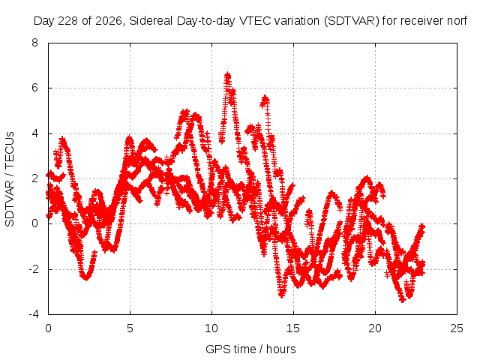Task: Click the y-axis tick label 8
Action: click(x=35, y=43)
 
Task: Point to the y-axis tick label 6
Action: click(x=35, y=88)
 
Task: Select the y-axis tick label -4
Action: click(x=34, y=314)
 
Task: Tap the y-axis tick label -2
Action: click(x=34, y=269)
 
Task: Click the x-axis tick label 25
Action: click(x=457, y=328)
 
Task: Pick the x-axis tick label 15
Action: click(x=293, y=328)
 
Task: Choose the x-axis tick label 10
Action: click(x=211, y=328)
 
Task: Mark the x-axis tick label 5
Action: click(x=130, y=328)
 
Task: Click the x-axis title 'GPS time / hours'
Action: click(x=250, y=349)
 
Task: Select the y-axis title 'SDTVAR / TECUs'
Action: click(x=10, y=179)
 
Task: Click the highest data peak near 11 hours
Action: click(x=227, y=74)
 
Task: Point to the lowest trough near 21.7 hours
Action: click(x=403, y=300)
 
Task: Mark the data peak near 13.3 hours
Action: click(x=265, y=97)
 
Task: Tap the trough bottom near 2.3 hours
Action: click(x=87, y=278)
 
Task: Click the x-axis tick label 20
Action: click(x=375, y=328)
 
